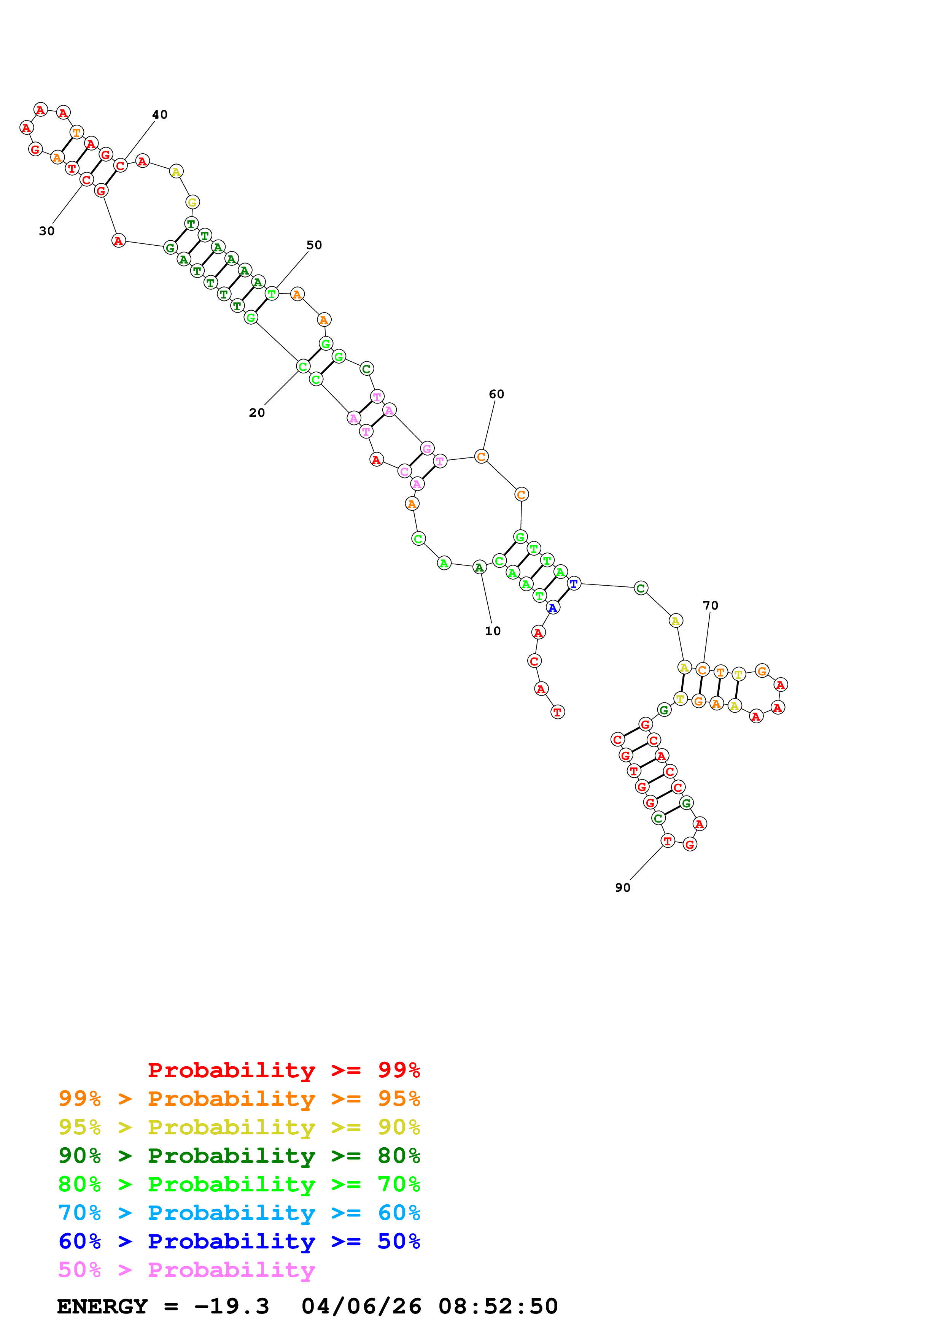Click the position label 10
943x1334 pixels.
[x=492, y=631]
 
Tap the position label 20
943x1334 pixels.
[x=256, y=413]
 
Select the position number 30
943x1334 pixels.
[x=46, y=231]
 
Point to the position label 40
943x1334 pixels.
[x=160, y=114]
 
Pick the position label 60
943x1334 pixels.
[x=496, y=394]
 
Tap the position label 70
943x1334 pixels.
[x=710, y=605]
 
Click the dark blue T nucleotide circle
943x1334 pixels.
[x=574, y=583]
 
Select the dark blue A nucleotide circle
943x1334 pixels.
[x=553, y=608]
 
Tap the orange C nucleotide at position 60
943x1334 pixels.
[x=481, y=457]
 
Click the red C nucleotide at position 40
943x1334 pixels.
[x=120, y=165]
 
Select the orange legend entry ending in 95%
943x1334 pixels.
[x=239, y=1098]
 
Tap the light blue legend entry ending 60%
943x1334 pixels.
[x=239, y=1213]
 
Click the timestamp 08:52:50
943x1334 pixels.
[x=498, y=1306]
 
